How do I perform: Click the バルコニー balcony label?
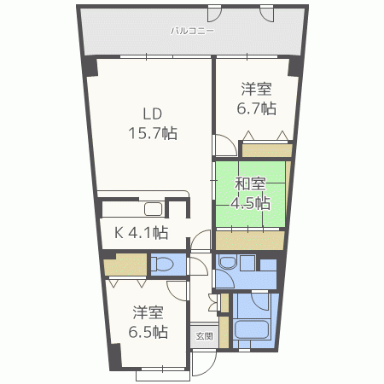point(192,31)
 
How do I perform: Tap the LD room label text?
point(153,114)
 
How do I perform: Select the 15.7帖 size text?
point(153,133)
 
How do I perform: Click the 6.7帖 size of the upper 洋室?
point(257,108)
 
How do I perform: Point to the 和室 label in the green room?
point(250,184)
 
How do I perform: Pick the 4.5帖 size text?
point(250,203)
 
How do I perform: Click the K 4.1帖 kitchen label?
point(142,233)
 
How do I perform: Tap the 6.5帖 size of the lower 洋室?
point(148,332)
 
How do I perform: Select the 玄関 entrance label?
point(204,336)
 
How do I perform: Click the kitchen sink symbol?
point(154,209)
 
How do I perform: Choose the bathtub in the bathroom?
point(251,329)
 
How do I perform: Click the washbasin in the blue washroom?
point(228,262)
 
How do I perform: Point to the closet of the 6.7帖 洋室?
point(267,150)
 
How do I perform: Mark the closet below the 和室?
point(250,241)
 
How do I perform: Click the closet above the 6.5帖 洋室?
point(125,265)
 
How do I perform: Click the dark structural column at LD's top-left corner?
point(90,67)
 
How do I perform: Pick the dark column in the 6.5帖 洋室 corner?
point(115,357)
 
